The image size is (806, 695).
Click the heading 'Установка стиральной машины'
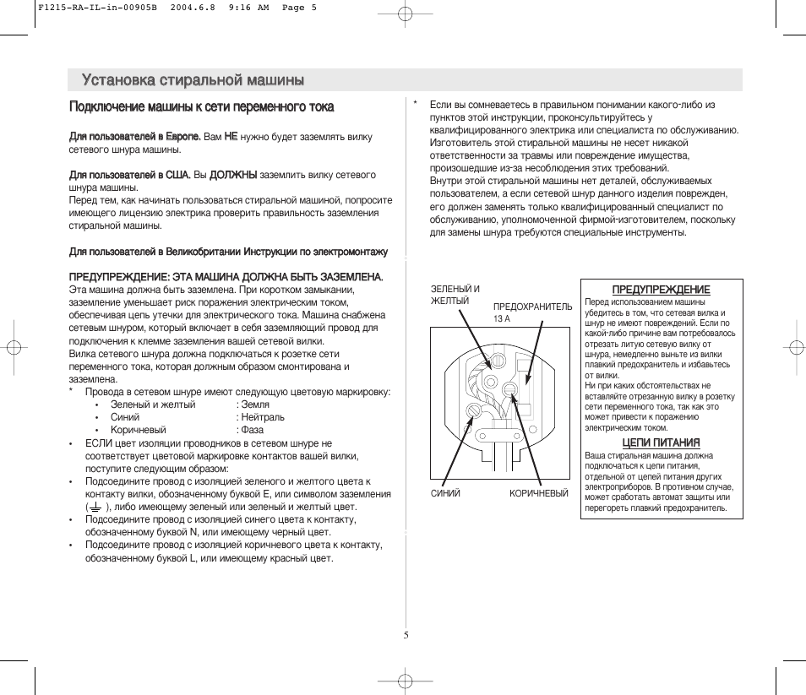pyautogui.click(x=193, y=80)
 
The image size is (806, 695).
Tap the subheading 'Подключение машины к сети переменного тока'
pyautogui.click(x=201, y=107)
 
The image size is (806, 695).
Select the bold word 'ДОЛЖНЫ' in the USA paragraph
pyautogui.click(x=233, y=175)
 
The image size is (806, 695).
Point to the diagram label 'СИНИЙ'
pyautogui.click(x=445, y=494)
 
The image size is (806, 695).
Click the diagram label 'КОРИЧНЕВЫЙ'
pyautogui.click(x=538, y=494)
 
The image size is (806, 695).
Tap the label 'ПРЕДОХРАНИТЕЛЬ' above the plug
pyautogui.click(x=532, y=307)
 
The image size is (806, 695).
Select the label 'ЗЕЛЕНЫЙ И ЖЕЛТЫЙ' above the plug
pyautogui.click(x=455, y=294)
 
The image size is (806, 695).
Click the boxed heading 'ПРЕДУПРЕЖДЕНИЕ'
pyautogui.click(x=661, y=290)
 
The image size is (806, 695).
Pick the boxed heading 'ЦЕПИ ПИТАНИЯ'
pyautogui.click(x=661, y=443)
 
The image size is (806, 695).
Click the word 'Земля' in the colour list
pyautogui.click(x=255, y=405)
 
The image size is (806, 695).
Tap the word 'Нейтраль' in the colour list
pyautogui.click(x=263, y=417)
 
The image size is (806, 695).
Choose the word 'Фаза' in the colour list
pyautogui.click(x=252, y=430)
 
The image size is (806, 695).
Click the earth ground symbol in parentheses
pyautogui.click(x=95, y=507)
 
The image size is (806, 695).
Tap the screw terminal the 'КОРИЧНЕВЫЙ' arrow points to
pyautogui.click(x=509, y=388)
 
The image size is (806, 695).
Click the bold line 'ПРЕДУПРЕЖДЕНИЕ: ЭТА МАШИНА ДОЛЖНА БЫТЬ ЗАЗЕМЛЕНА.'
pyautogui.click(x=226, y=276)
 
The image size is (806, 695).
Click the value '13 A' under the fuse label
pyautogui.click(x=502, y=318)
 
